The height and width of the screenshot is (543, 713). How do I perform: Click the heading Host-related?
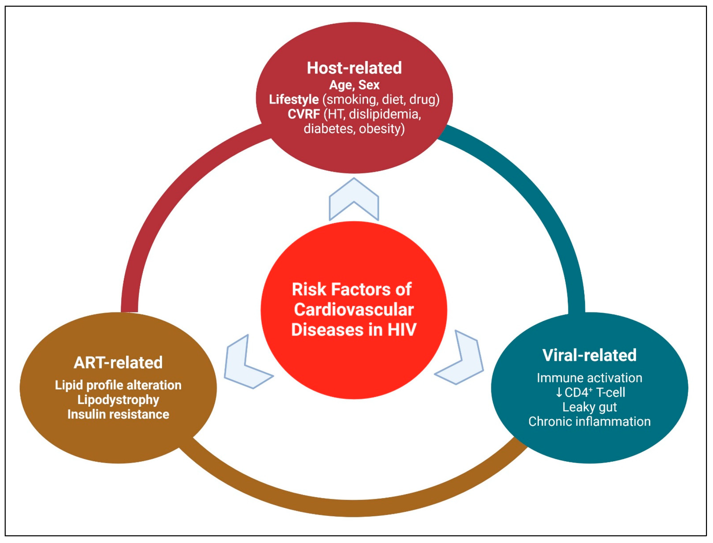354,68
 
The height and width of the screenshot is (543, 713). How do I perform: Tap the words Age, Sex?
354,85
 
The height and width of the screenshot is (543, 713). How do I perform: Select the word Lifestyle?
294,99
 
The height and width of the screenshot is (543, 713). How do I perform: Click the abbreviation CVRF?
304,114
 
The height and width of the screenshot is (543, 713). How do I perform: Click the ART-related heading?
118,363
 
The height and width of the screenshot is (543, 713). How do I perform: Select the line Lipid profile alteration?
118,385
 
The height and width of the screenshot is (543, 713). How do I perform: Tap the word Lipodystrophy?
118,400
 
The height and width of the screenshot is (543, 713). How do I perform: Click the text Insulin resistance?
118,414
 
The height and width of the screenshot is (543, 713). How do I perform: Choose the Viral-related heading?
589,355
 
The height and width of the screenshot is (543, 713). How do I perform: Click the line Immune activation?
589,378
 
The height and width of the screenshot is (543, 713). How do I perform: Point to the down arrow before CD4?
559,392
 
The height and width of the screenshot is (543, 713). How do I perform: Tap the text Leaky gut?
589,407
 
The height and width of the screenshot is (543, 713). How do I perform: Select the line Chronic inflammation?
589,421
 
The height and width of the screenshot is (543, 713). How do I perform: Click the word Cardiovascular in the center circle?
354,310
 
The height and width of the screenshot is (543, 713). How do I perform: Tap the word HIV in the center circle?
402,330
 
